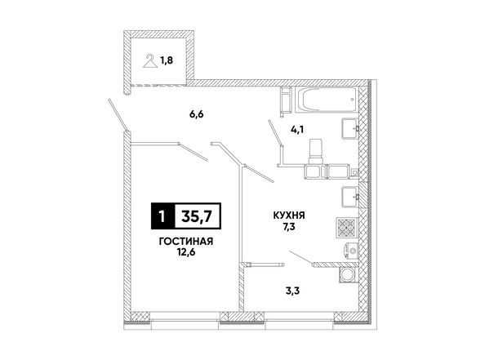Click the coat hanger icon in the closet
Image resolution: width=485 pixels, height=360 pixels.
(150, 60)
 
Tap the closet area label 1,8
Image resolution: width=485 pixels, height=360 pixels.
(167, 60)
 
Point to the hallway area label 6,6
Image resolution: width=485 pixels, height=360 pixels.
(197, 114)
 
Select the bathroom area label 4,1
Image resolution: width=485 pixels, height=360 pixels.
(297, 129)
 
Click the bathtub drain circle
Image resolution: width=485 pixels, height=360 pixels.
(352, 100)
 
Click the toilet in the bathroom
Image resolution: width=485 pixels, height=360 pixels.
(317, 151)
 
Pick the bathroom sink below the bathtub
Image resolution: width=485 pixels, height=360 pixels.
(350, 128)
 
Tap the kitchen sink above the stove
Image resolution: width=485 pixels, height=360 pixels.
(350, 197)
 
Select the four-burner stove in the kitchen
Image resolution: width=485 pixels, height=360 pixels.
(347, 227)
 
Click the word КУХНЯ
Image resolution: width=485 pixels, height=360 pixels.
(289, 216)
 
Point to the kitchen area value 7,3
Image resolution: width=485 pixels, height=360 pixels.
(288, 227)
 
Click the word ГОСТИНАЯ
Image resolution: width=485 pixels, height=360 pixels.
(186, 242)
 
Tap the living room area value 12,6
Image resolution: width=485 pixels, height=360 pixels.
(186, 252)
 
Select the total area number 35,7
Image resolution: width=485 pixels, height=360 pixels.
(197, 216)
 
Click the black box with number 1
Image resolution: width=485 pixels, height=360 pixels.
(162, 216)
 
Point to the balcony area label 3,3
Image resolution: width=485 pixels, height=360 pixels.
(292, 291)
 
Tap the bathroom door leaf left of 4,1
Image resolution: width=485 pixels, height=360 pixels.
(275, 133)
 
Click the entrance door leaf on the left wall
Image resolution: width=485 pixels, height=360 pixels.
(118, 115)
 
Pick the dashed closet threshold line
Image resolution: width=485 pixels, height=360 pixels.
(158, 85)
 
